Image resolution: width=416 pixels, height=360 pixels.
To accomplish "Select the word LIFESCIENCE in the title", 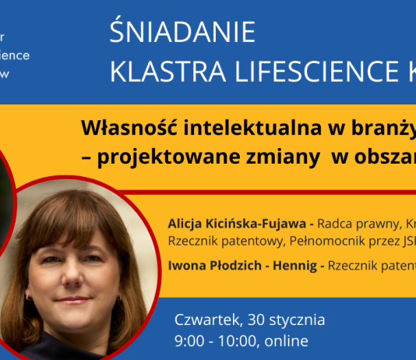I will coord(299,72).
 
